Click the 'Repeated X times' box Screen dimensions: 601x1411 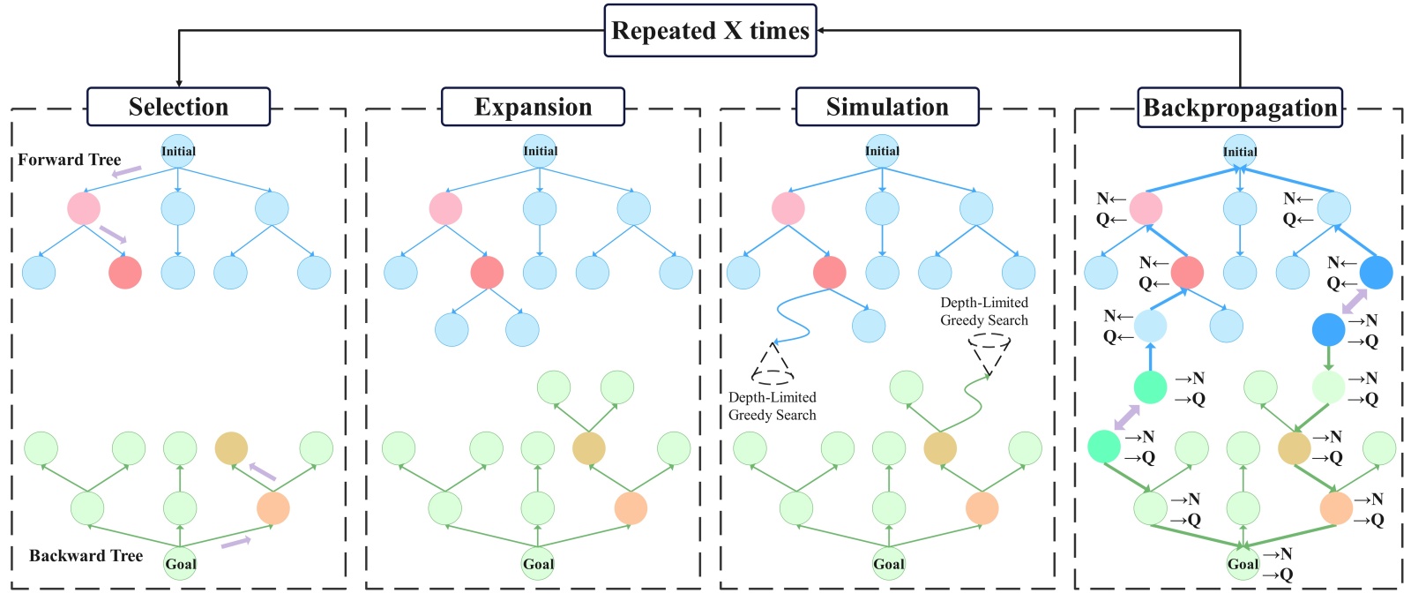tap(710, 31)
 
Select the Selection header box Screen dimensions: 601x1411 tap(178, 107)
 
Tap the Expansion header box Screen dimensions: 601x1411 tap(533, 107)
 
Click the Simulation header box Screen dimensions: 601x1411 tap(887, 107)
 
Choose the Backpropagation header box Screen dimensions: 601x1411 tap(1240, 108)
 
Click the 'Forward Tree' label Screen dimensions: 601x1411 tap(70, 160)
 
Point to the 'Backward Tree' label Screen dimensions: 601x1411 tap(86, 556)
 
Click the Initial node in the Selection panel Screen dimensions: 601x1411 tap(178, 151)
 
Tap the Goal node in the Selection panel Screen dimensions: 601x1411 tap(180, 564)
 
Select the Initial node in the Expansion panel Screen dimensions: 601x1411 tap(540, 151)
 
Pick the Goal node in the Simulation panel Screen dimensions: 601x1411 tap(889, 564)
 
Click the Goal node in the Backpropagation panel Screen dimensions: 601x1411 tap(1243, 564)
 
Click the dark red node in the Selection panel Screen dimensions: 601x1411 tap(125, 273)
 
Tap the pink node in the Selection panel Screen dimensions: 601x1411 tap(84, 209)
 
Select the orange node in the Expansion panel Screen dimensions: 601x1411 tap(631, 508)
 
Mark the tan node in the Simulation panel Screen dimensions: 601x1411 tap(940, 448)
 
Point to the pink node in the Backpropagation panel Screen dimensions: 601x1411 tap(1146, 209)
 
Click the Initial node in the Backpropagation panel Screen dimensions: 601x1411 tap(1240, 152)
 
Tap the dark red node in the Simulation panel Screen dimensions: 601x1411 tap(830, 273)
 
